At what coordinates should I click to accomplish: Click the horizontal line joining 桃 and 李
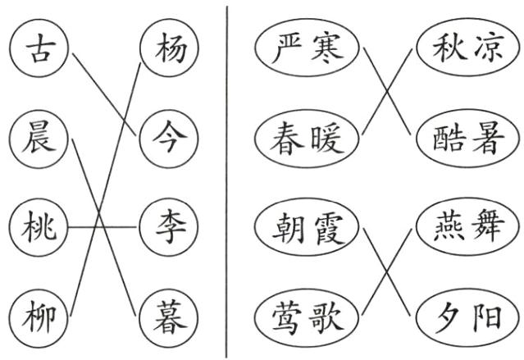point(102,228)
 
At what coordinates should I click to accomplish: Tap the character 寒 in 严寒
point(327,48)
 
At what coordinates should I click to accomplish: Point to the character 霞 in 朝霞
point(329,229)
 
